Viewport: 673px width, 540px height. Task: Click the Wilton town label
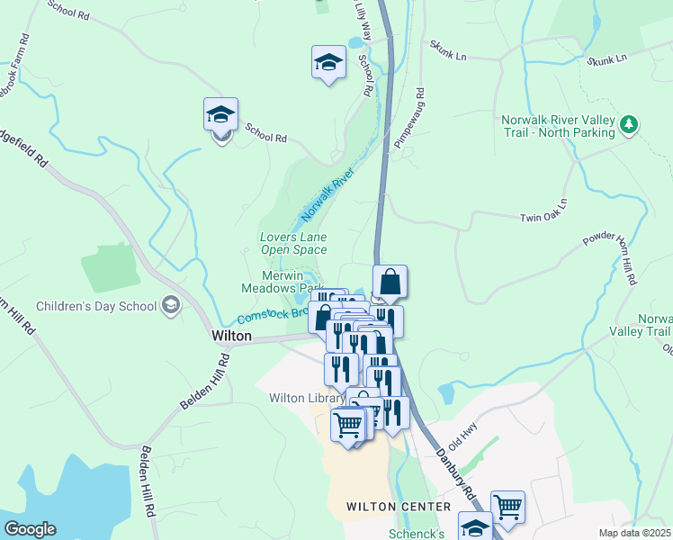(x=231, y=335)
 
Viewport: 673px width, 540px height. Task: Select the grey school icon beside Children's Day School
(x=169, y=306)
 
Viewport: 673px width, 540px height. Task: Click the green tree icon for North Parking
(x=630, y=124)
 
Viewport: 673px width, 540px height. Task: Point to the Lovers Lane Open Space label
(x=292, y=243)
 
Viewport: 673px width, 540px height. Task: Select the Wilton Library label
(x=307, y=398)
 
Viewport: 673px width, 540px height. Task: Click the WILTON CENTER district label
(x=399, y=507)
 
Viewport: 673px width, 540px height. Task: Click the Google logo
(x=30, y=529)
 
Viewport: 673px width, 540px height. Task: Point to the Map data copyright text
(x=635, y=533)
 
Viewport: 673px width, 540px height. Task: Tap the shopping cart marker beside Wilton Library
(x=347, y=424)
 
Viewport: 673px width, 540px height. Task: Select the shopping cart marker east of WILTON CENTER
(x=507, y=507)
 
